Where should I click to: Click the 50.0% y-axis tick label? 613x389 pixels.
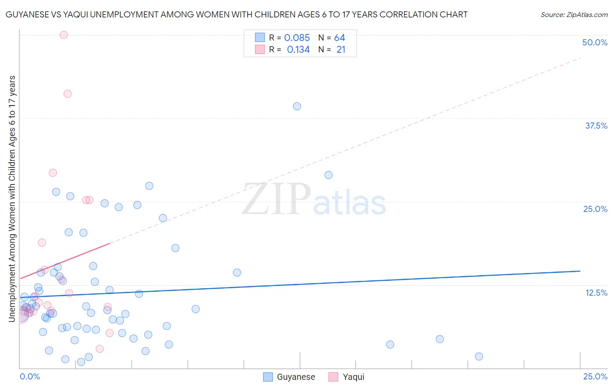point(595,42)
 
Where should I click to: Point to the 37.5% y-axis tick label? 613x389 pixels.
point(596,126)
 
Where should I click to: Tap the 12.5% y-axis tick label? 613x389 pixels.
point(596,293)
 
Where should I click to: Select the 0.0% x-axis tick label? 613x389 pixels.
point(30,376)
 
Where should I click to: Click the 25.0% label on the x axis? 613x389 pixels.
point(595,376)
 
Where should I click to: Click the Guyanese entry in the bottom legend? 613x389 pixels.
point(289,377)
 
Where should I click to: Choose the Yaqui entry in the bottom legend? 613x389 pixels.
point(347,377)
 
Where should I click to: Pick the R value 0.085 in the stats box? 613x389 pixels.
point(297,38)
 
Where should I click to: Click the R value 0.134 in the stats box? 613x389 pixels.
point(298,50)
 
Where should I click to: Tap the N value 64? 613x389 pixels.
point(340,38)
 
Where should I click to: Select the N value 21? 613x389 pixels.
point(341,50)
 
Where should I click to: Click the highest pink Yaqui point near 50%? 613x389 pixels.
point(64,35)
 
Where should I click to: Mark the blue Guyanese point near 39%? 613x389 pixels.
point(297,106)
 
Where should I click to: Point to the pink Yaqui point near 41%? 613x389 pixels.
point(68,94)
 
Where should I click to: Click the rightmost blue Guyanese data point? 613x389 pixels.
point(479,357)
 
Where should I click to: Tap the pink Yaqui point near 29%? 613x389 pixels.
point(53,173)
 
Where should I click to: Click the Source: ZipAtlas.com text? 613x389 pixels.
point(574,15)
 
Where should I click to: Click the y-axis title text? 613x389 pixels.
point(12,199)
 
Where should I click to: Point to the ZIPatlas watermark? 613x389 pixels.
point(314,200)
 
